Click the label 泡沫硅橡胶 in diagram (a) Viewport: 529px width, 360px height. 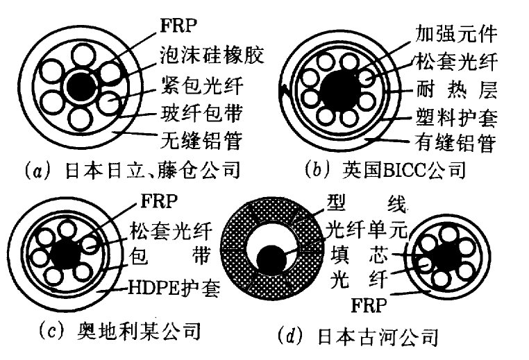click(212, 55)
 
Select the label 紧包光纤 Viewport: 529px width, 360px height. click(202, 85)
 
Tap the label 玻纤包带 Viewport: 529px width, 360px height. click(202, 113)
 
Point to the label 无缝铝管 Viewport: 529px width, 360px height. click(202, 140)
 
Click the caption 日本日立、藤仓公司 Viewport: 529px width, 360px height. click(153, 169)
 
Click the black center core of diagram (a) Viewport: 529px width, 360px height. click(81, 87)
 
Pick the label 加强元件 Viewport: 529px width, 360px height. click(456, 34)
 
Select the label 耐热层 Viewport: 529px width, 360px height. click(456, 89)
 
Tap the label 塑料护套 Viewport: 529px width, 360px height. click(456, 118)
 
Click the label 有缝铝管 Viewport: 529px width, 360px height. click(455, 143)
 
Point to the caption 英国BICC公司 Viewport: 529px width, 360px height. click(404, 169)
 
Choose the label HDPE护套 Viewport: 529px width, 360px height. click(174, 288)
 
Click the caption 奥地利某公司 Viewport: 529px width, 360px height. click(139, 332)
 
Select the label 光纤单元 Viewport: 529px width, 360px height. click(367, 230)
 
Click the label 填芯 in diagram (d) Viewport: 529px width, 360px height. click(359, 255)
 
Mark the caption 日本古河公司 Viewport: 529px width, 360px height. click(378, 336)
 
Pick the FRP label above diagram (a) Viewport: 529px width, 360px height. click(178, 26)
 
